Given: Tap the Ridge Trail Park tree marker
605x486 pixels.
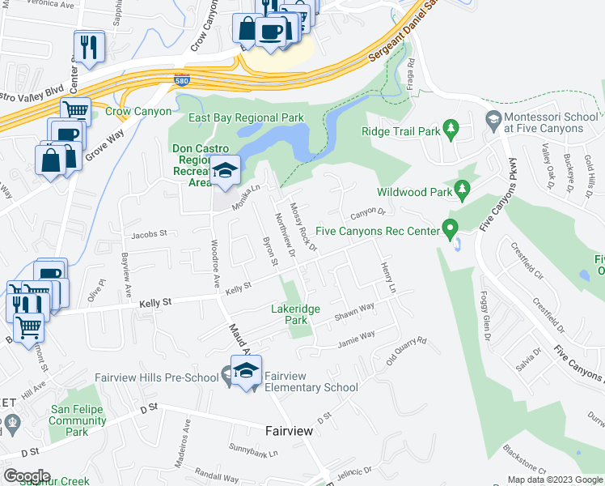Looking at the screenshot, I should click(x=451, y=129).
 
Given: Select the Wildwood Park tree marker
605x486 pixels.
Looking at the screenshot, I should click(x=463, y=191).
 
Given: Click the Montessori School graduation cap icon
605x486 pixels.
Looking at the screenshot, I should click(x=492, y=121).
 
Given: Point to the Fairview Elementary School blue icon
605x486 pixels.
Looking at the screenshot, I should click(x=246, y=372).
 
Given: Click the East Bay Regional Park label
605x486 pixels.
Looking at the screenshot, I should click(x=246, y=118).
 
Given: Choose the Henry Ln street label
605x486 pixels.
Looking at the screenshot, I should click(x=387, y=278).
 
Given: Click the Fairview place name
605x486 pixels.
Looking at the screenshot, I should click(x=289, y=431).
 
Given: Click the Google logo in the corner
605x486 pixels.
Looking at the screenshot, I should click(x=27, y=476).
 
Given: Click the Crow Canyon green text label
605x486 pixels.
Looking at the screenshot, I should click(x=138, y=112).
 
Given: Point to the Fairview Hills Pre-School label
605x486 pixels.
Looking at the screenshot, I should click(x=157, y=377).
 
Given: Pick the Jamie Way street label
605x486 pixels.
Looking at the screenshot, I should click(x=356, y=335).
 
